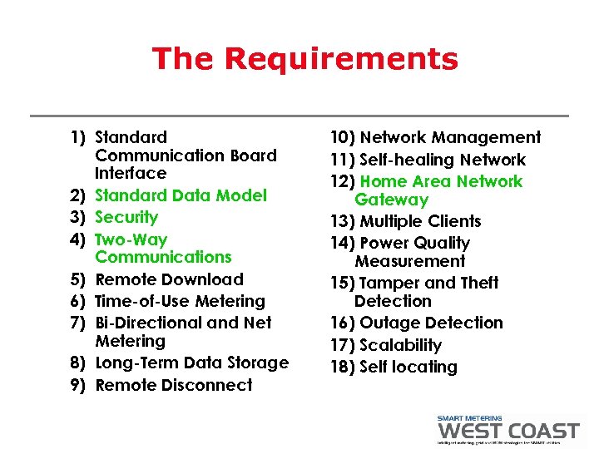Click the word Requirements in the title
click(341, 59)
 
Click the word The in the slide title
click(184, 59)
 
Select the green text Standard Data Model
click(181, 195)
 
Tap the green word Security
click(126, 217)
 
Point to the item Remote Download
click(170, 279)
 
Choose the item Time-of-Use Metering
click(180, 301)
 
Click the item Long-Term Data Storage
click(192, 363)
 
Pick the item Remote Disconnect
click(174, 385)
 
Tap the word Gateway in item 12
click(391, 200)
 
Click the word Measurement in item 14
click(409, 261)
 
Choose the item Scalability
click(400, 345)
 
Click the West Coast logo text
click(507, 431)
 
